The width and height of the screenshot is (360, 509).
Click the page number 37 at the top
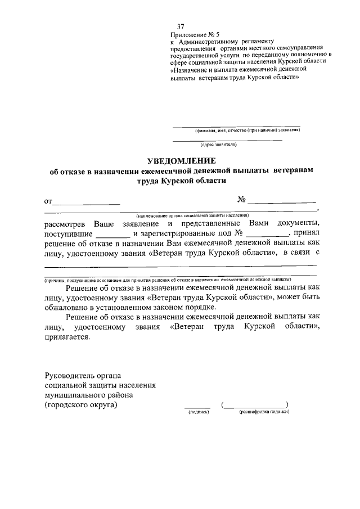[181, 27]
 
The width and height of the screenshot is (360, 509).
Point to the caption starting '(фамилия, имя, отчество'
[247, 130]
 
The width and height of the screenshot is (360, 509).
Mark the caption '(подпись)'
[197, 412]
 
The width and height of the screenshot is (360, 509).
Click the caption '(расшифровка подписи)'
[256, 412]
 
